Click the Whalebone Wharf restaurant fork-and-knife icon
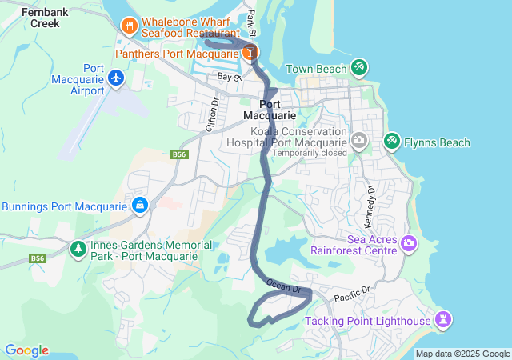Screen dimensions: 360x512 [129, 26]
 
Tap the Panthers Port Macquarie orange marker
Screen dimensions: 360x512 [251, 53]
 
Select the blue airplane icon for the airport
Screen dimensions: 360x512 [117, 78]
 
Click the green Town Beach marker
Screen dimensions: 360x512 [358, 68]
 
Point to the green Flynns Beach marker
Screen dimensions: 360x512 [391, 142]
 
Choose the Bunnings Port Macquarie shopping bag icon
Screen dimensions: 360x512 [140, 206]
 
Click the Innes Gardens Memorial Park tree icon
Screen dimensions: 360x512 [78, 249]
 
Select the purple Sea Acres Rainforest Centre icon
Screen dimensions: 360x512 [409, 242]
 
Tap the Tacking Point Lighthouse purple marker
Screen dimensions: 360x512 [443, 321]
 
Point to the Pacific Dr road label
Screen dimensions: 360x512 [353, 296]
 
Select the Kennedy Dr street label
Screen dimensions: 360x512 [371, 197]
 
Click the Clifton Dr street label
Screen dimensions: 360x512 [213, 114]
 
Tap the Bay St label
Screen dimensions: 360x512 [230, 77]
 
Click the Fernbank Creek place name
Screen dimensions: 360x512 [40, 18]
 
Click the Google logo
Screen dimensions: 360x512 [26, 350]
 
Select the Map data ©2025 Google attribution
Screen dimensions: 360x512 [462, 354]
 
